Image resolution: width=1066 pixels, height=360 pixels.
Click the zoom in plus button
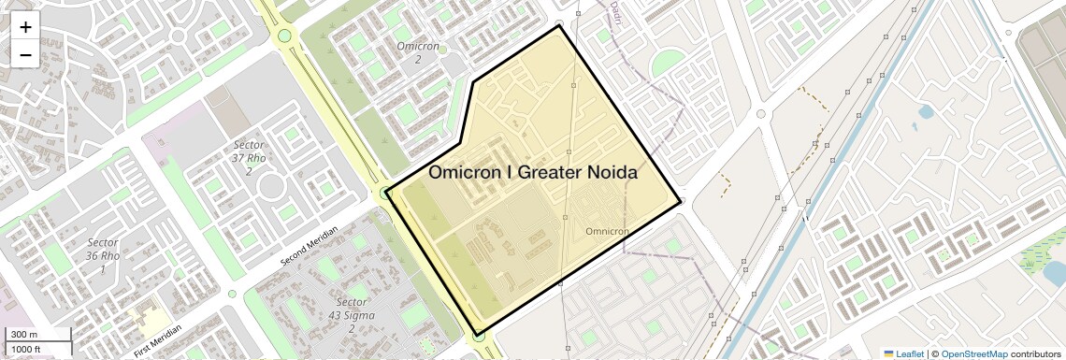pos(25,27)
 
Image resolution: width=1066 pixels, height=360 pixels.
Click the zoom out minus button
pos(25,54)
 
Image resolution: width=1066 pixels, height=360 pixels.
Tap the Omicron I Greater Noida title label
pos(533,173)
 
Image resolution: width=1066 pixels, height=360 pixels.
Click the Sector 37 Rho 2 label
pos(249,158)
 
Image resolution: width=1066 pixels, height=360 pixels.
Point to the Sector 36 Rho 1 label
pos(103,255)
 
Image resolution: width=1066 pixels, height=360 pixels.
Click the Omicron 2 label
pos(418,52)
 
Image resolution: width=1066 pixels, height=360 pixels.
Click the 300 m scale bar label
pos(24,335)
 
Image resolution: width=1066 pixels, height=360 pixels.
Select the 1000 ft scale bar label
pos(26,349)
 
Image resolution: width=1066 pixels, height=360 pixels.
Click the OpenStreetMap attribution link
pos(974,353)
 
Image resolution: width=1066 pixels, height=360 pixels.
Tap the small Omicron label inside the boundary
pos(606,231)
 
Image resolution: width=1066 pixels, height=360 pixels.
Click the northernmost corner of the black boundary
pos(559,25)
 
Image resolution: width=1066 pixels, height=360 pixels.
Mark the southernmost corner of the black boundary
pos(478,334)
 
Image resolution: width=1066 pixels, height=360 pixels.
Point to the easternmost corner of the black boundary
pos(681,200)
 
